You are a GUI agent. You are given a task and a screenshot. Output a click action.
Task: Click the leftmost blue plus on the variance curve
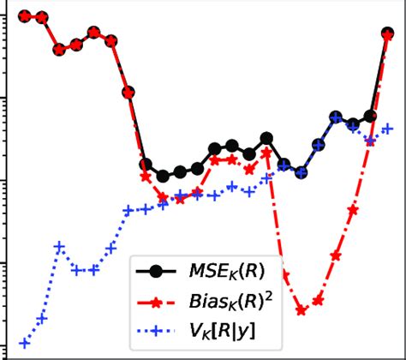[x=25, y=343]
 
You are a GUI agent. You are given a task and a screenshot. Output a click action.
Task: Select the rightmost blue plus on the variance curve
[x=387, y=129]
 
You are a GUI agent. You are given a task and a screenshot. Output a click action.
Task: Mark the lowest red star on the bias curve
[x=302, y=310]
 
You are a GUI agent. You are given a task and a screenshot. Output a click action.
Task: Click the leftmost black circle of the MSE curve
[x=25, y=16]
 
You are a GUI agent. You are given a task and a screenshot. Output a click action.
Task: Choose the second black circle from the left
[x=42, y=17]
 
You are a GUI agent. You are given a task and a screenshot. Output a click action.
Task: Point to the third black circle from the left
[x=59, y=50]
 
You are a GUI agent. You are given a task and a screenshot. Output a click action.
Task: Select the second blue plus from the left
[x=42, y=319]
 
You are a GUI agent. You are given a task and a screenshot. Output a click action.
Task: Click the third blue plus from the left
[x=59, y=247]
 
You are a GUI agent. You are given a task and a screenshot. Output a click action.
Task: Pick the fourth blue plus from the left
[x=76, y=270]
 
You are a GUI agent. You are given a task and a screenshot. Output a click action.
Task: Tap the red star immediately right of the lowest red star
[x=319, y=299]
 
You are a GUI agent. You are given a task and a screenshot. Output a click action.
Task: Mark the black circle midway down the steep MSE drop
[x=128, y=92]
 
